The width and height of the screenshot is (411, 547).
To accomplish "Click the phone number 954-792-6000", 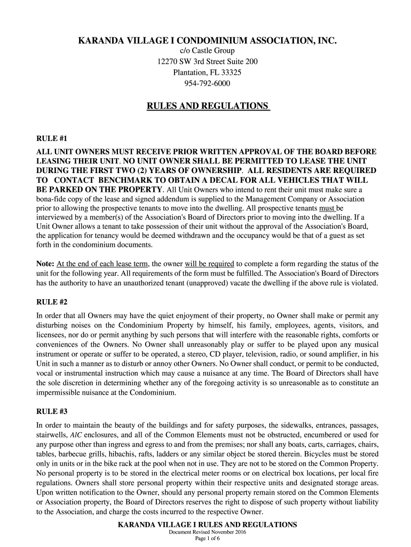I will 207,83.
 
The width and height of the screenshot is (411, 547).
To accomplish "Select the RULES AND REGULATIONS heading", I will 208,107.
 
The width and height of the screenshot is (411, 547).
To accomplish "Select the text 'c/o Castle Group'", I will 207,51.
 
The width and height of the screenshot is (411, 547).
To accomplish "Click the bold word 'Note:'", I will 45,264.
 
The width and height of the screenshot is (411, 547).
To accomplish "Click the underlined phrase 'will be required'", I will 210,264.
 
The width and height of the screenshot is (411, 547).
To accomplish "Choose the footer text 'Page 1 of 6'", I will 207,539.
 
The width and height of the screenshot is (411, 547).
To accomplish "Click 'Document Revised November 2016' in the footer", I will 207,533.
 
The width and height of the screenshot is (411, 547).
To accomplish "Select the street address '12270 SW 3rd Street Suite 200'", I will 207,62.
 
